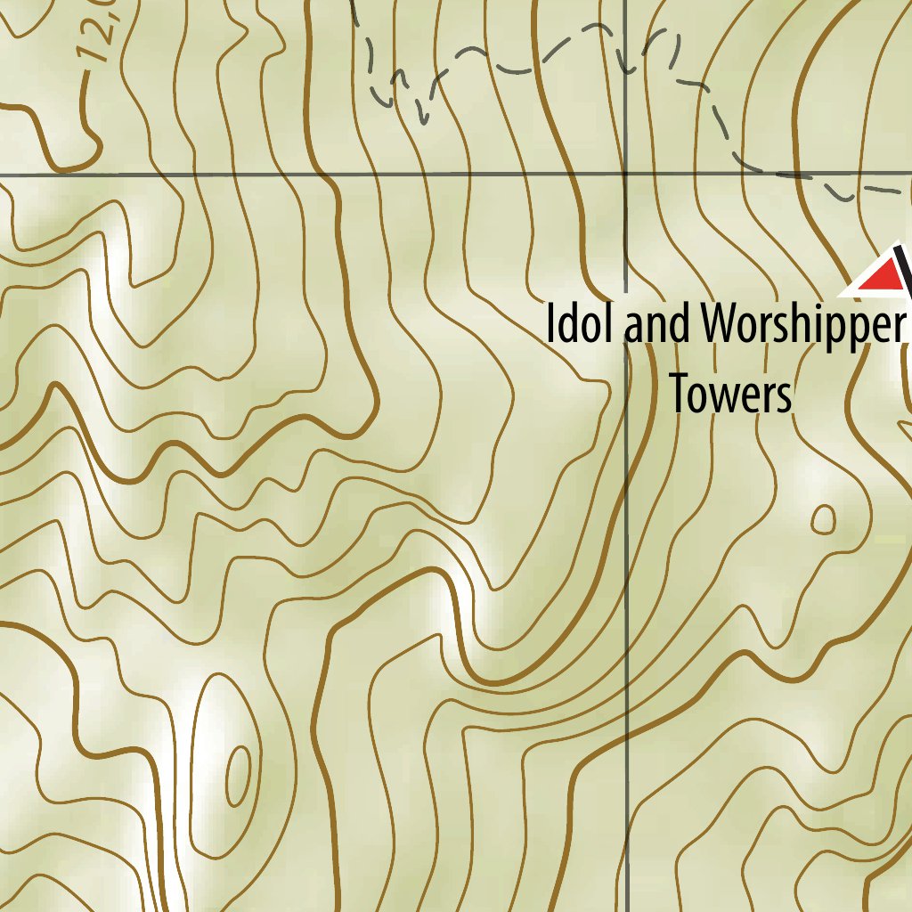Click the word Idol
[x=581, y=324]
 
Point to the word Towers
[x=730, y=394]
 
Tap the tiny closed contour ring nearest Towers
[x=824, y=518]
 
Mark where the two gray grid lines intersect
[x=625, y=175]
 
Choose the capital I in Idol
[x=551, y=324]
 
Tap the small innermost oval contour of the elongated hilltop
[x=238, y=775]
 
